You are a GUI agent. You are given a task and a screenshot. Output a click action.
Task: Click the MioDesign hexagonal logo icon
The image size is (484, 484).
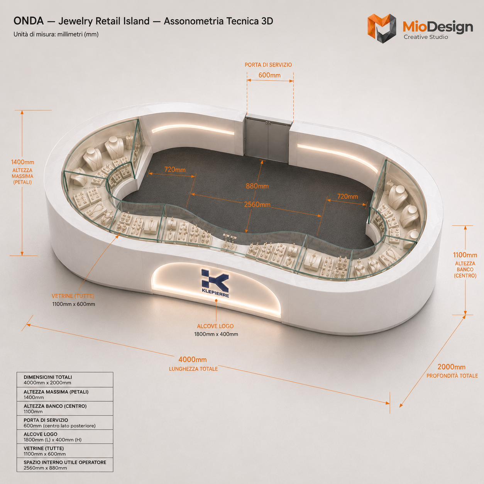coord(382,29)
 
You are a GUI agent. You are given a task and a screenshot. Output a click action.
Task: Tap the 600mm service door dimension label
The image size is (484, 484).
coord(269,75)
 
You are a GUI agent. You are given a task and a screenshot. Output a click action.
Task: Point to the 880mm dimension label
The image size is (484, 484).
coord(257,186)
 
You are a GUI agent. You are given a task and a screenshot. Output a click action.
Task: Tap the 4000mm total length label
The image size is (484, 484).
coord(193,360)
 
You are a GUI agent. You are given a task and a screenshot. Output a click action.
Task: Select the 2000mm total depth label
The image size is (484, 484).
coord(452,367)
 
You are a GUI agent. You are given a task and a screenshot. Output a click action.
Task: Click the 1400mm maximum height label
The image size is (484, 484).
coord(23,162)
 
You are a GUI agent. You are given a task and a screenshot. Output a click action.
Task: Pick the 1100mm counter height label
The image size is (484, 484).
coord(465,255)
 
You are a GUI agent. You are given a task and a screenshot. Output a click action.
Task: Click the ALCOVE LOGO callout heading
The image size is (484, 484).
coord(215,326)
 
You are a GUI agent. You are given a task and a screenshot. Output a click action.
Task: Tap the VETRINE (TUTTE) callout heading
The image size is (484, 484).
coord(73,296)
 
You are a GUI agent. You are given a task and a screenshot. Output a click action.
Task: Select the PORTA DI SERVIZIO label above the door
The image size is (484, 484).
coord(268,65)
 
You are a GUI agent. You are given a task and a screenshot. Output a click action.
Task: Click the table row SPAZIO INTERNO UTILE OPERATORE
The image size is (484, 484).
coord(65,465)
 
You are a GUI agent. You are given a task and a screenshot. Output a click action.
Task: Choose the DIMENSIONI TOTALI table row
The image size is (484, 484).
coord(65,380)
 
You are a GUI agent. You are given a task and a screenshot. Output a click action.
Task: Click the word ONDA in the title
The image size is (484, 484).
coord(29,21)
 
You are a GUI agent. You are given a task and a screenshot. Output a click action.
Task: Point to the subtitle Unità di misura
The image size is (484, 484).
coord(56,34)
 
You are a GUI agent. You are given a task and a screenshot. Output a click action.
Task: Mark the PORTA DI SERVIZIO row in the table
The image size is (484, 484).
coord(65,423)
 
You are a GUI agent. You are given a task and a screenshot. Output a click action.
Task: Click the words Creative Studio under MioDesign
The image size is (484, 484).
coord(426,37)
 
